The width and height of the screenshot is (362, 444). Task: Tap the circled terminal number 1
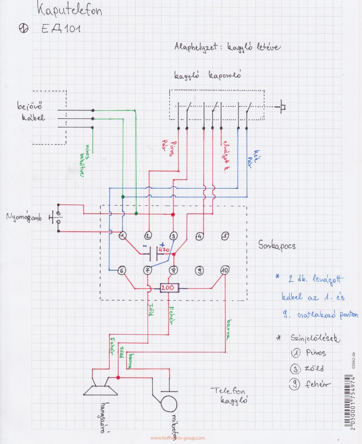pos(123,235)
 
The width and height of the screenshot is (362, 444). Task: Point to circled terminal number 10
pos(224,270)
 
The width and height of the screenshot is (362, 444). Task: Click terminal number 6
pos(122,270)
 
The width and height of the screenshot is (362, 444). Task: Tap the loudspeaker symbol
pos(100,386)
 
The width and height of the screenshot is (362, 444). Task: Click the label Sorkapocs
pos(277,245)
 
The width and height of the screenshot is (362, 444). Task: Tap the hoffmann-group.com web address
pos(178,438)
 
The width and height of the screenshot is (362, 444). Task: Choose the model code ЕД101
pos(61,29)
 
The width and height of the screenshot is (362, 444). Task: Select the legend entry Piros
pos(315,353)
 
